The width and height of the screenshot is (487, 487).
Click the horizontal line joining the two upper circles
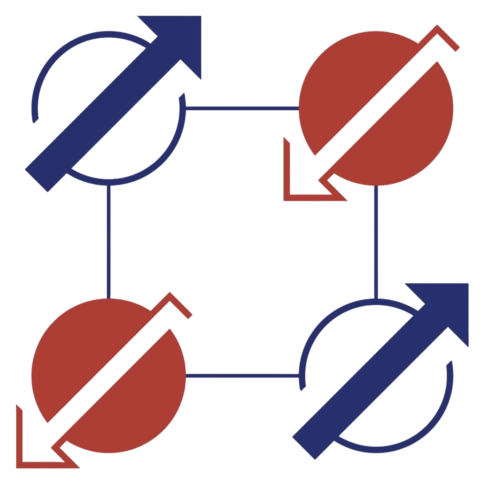[242, 108]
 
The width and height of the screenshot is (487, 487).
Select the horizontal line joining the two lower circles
[242, 375]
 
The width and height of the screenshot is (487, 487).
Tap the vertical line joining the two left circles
[109, 242]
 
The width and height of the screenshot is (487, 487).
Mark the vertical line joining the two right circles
[376, 242]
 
